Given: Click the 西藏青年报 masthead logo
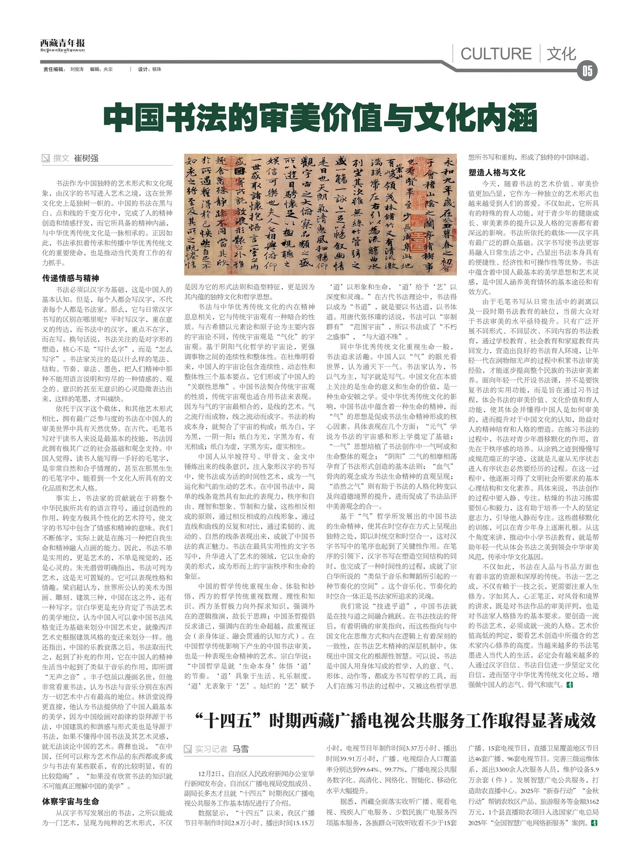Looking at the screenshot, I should pyautogui.click(x=62, y=43).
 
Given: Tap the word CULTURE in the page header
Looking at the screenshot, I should pyautogui.click(x=496, y=54).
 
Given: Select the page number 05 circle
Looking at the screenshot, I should pyautogui.click(x=587, y=71).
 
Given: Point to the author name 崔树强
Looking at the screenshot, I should pyautogui.click(x=86, y=158).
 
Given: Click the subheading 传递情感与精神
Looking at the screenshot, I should pyautogui.click(x=71, y=278).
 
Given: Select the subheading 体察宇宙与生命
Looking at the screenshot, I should pyautogui.click(x=71, y=801).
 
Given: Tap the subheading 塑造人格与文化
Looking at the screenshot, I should pyautogui.click(x=497, y=172).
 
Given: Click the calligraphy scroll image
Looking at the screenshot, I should pyautogui.click(x=320, y=214).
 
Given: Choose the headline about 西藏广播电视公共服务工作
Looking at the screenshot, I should pyautogui.click(x=395, y=721).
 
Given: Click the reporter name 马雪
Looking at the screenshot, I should pyautogui.click(x=240, y=749).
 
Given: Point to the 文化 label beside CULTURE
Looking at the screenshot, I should pyautogui.click(x=561, y=54).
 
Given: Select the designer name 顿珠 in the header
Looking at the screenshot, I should pyautogui.click(x=157, y=69).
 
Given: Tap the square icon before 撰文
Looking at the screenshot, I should pyautogui.click(x=46, y=158).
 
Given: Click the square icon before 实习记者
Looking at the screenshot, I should pyautogui.click(x=188, y=749).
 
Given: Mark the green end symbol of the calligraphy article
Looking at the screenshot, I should pyautogui.click(x=570, y=685).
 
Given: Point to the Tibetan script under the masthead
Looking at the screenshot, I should pyautogui.click(x=62, y=50).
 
